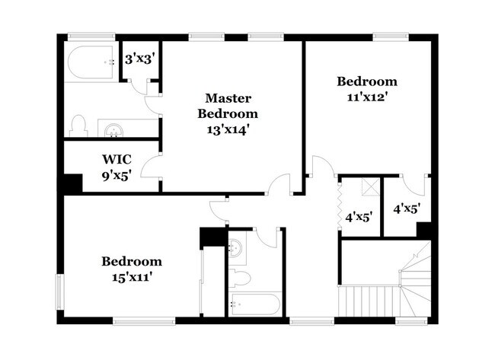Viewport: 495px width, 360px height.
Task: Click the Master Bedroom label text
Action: pyautogui.click(x=228, y=106)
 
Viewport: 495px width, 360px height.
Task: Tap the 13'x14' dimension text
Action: pyautogui.click(x=228, y=129)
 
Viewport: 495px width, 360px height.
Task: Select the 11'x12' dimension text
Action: pyautogui.click(x=367, y=97)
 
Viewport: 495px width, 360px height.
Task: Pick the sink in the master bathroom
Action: pyautogui.click(x=113, y=130)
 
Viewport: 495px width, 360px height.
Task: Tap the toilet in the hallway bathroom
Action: pyautogui.click(x=239, y=276)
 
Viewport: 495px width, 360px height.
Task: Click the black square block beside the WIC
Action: pyautogui.click(x=72, y=184)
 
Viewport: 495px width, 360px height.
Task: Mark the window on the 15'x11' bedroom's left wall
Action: pyautogui.click(x=59, y=292)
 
